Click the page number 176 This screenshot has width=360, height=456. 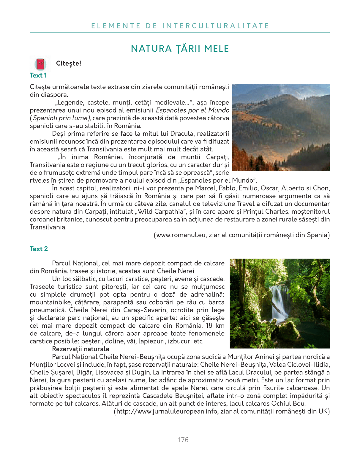(183, 440)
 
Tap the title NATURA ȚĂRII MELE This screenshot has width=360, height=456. (180, 49)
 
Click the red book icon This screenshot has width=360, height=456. (40, 64)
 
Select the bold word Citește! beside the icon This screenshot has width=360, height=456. (69, 64)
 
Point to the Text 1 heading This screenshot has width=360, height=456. (38, 75)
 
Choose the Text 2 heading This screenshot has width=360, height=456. (39, 249)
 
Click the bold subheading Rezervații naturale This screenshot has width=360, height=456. (80, 349)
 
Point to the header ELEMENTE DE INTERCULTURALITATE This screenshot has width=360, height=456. (180, 26)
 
